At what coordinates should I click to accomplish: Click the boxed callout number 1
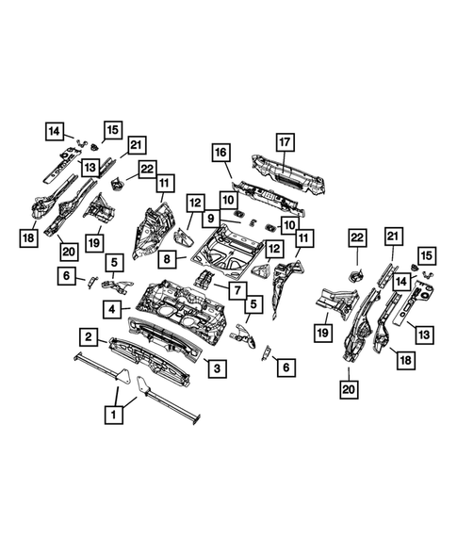115,412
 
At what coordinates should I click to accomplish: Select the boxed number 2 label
87,336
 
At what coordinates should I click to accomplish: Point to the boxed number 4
111,308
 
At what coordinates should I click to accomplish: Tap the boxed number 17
285,142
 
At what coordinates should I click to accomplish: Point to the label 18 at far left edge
26,236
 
